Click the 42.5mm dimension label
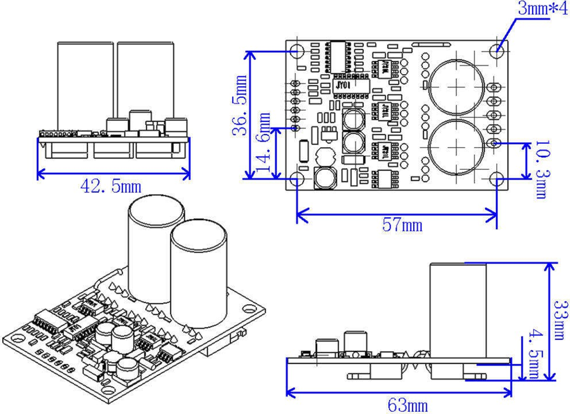coord(111,186)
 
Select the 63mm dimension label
coord(408,405)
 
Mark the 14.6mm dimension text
coord(265,143)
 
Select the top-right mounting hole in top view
coord(498,49)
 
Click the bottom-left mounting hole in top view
coord(296,179)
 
